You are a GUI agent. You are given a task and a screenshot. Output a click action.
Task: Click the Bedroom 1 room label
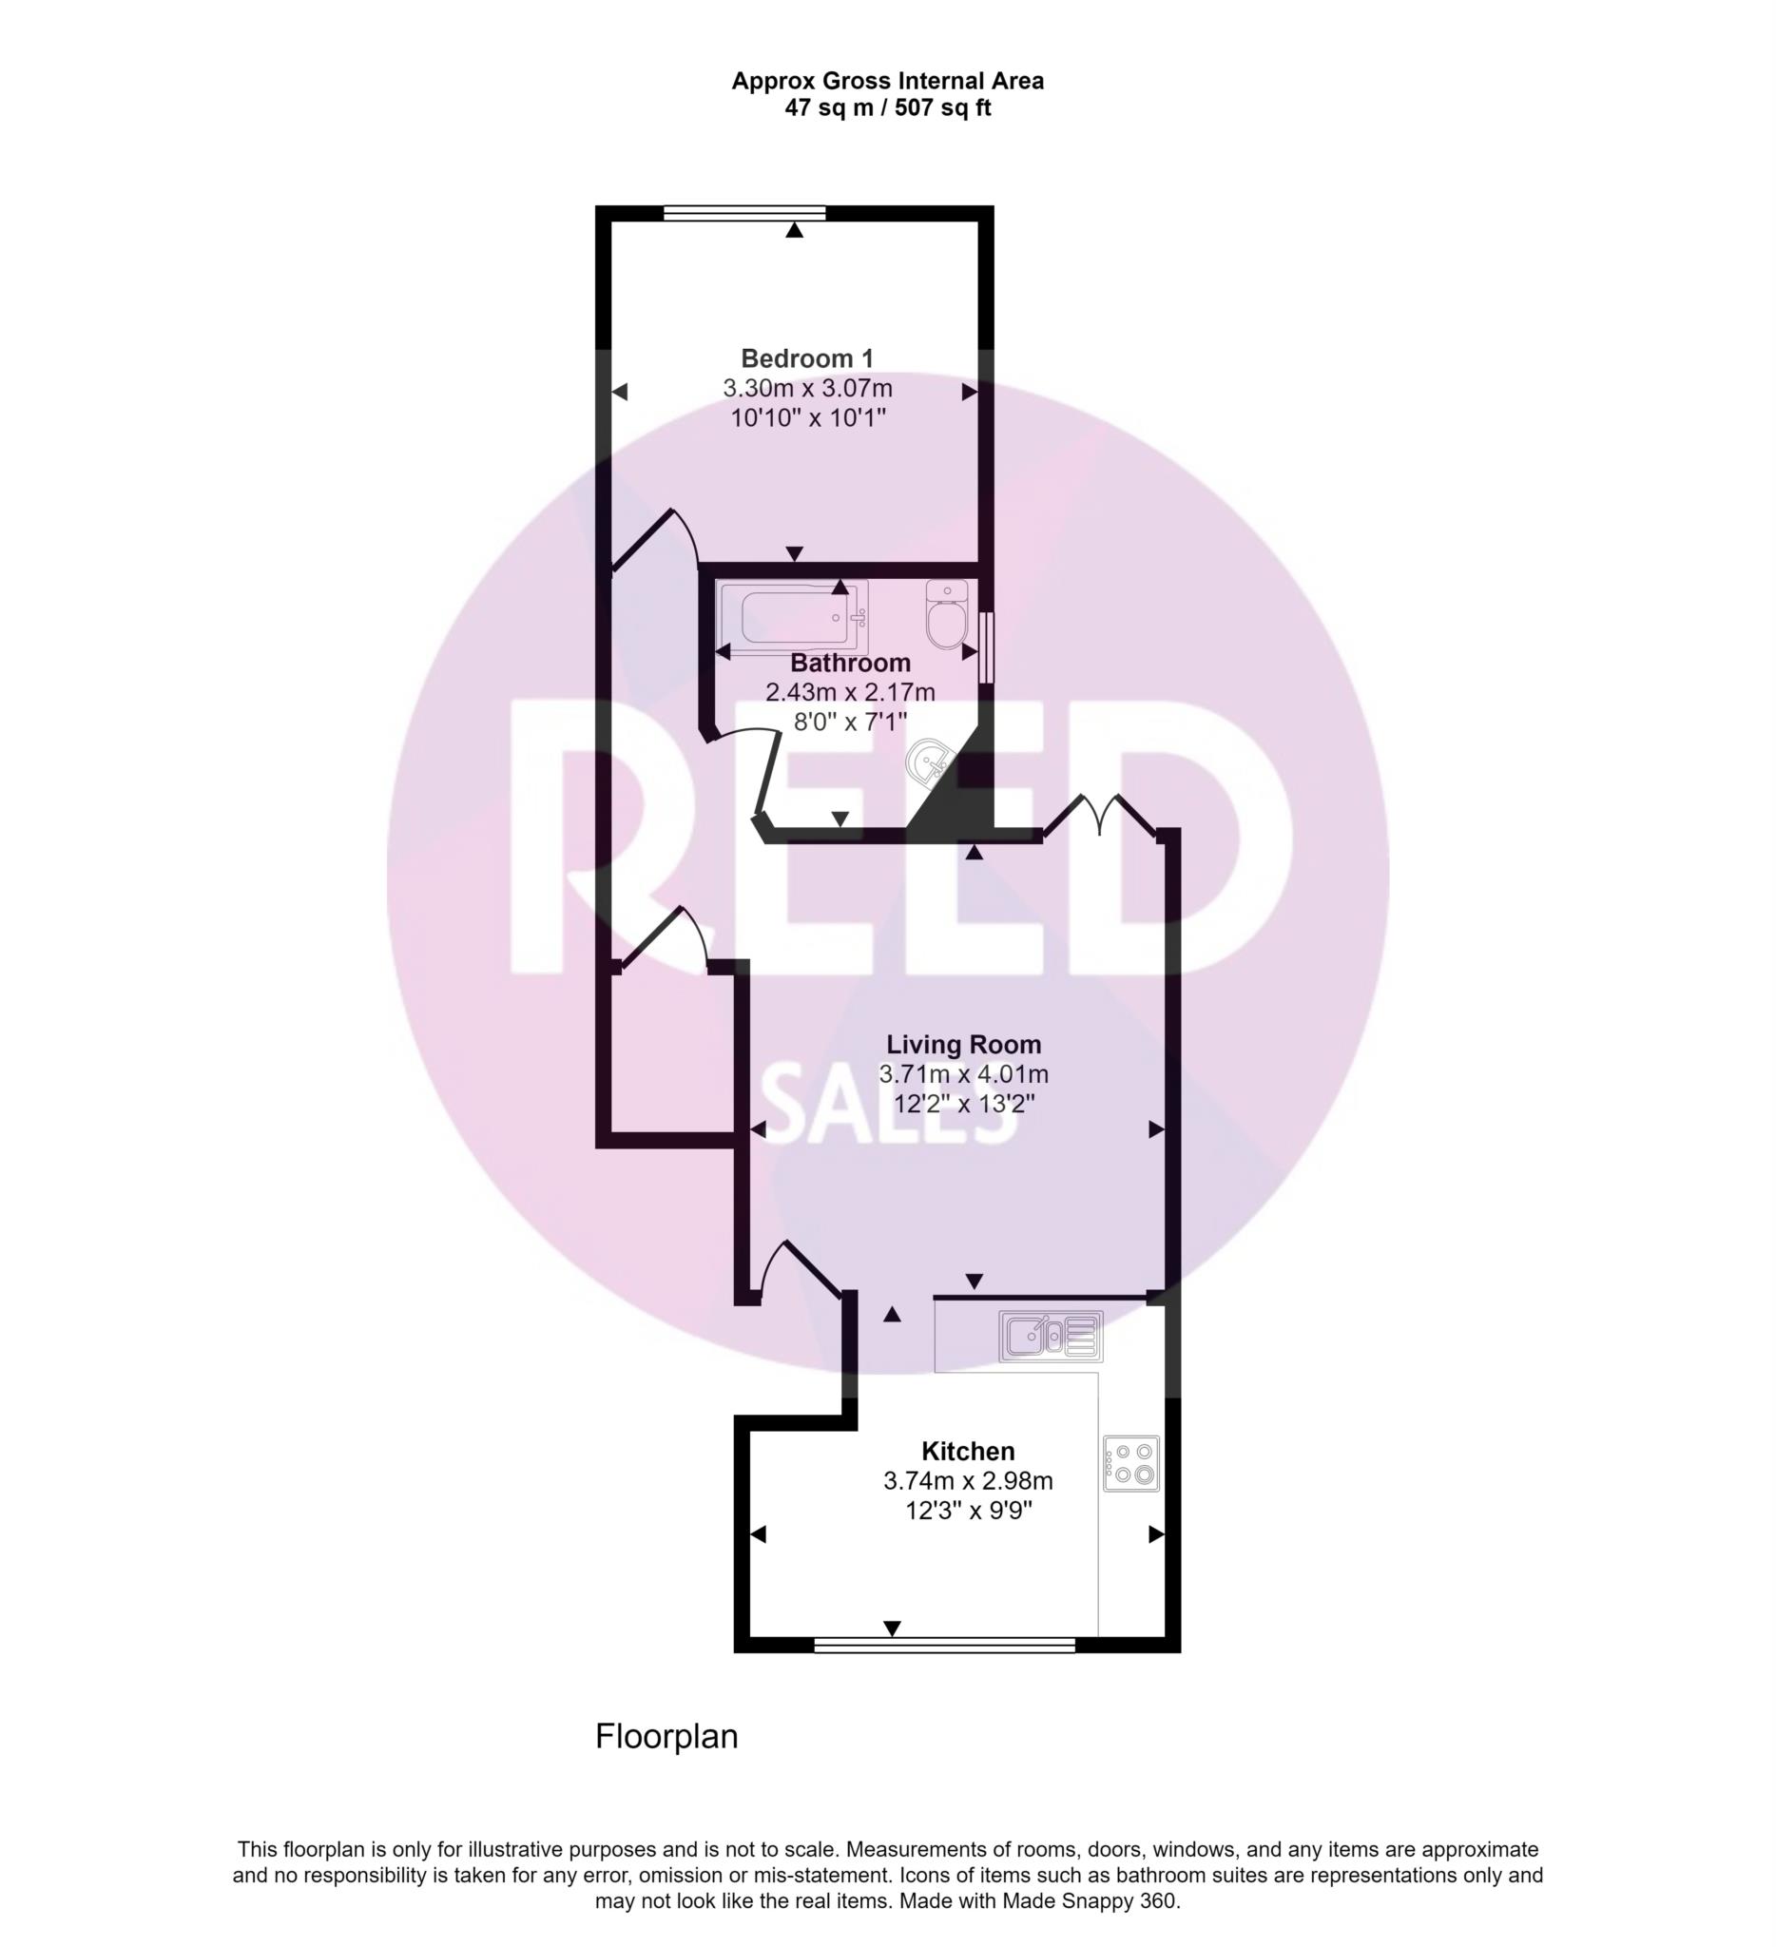[x=806, y=358]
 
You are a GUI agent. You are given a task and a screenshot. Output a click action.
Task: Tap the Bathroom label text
[x=850, y=663]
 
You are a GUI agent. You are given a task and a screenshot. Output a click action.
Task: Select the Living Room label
[x=964, y=1044]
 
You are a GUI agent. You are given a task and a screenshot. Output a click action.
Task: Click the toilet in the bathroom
[x=946, y=613]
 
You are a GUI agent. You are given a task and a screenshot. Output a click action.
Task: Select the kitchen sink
[x=1051, y=1337]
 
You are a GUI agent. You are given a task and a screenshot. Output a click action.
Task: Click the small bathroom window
[x=986, y=647]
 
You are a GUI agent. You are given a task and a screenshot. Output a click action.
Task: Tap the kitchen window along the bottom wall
[x=944, y=1645]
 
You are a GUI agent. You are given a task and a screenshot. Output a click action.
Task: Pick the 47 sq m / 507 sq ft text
[x=887, y=108]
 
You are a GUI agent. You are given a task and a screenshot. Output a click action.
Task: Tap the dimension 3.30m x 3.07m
[x=807, y=388]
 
